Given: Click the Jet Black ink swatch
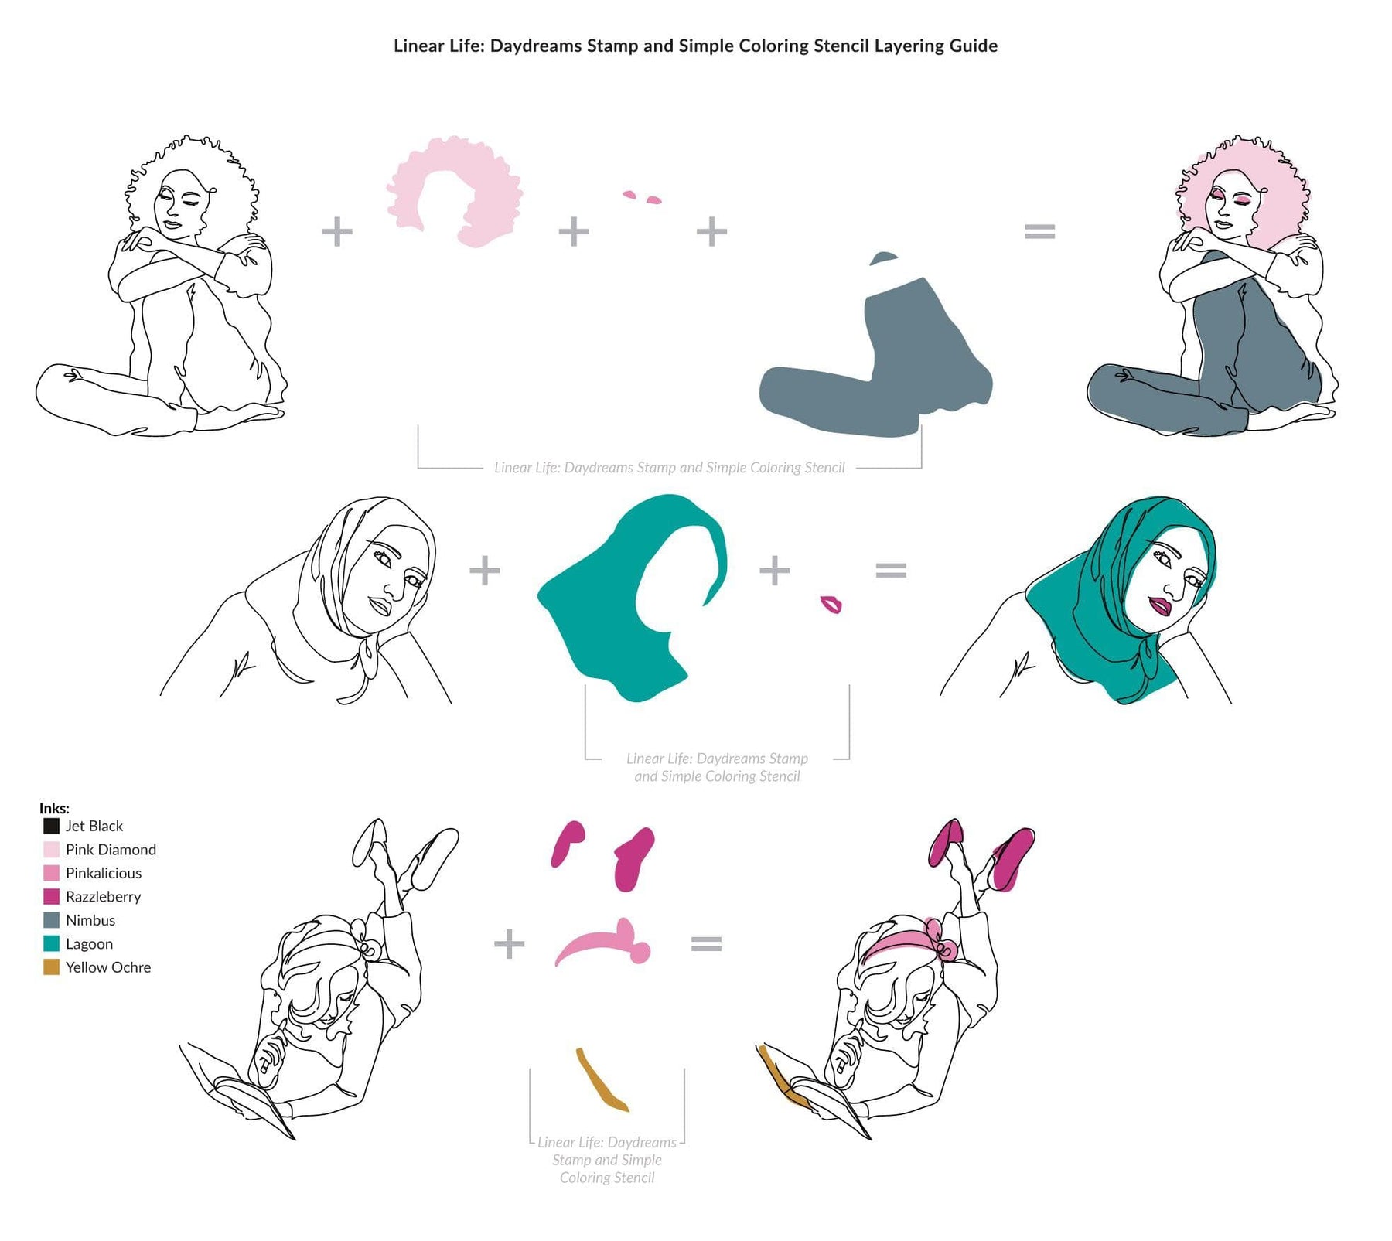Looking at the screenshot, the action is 51,826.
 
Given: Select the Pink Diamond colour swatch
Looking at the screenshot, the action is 51,850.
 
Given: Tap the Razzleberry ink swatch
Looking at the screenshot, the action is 51,897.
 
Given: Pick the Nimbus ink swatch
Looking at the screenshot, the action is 51,920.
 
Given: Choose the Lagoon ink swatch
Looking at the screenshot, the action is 51,943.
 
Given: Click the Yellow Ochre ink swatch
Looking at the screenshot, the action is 51,967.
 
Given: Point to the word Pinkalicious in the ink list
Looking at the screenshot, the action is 104,873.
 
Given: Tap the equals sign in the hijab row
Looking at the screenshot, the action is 891,571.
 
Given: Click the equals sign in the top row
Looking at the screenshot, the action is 1039,230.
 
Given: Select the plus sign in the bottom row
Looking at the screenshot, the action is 509,944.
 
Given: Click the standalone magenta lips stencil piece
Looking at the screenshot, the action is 831,604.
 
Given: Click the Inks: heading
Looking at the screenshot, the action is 54,808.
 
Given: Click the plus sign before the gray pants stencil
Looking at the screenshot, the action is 711,231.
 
